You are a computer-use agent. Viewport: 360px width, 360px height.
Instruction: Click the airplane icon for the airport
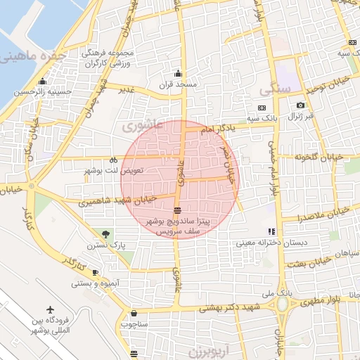pyautogui.click(x=50, y=309)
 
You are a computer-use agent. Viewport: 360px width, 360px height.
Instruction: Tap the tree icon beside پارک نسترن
pyautogui.click(x=105, y=233)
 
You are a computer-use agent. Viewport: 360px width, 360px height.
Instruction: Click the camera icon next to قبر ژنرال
pyautogui.click(x=300, y=105)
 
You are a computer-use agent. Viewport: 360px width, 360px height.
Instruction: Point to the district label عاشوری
pyautogui.click(x=142, y=126)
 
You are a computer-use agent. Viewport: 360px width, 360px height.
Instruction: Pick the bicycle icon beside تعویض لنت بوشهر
pyautogui.click(x=112, y=159)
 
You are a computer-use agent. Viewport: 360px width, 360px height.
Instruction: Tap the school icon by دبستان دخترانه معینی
pyautogui.click(x=271, y=231)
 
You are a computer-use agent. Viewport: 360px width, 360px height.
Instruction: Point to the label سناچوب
pyautogui.click(x=134, y=324)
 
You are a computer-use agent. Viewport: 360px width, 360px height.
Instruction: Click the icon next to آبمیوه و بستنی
pyautogui.click(x=95, y=273)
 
